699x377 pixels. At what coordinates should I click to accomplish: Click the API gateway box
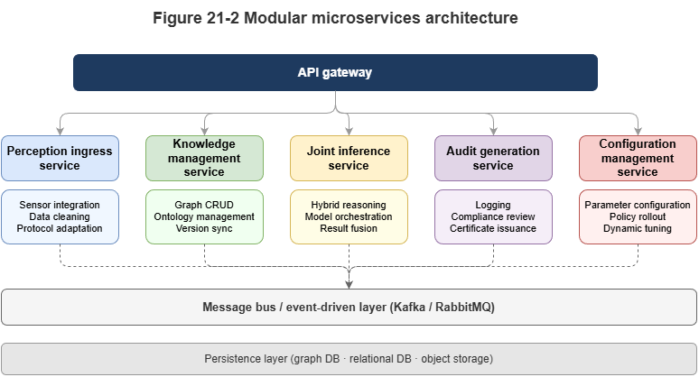(x=335, y=72)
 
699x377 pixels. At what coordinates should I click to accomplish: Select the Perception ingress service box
(x=60, y=158)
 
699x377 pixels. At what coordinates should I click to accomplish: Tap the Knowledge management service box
(x=204, y=158)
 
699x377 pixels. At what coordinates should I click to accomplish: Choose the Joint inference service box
(x=349, y=158)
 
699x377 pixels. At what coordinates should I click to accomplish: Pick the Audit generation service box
(x=493, y=158)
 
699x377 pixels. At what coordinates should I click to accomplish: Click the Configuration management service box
(x=638, y=158)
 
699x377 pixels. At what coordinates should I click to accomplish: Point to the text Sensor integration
(x=60, y=205)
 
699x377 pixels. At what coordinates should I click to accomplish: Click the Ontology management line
(x=204, y=216)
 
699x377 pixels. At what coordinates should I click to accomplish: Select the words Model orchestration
(x=349, y=216)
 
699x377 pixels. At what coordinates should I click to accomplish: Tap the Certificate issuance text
(x=493, y=228)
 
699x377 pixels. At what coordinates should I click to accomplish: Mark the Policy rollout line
(x=638, y=216)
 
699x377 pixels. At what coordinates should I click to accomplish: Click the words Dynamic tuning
(x=638, y=228)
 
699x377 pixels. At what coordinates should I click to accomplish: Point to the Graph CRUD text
(x=204, y=205)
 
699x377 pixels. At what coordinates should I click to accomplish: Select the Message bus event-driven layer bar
(x=349, y=307)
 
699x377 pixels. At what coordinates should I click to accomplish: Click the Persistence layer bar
(x=349, y=358)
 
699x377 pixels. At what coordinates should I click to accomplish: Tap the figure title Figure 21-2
(x=335, y=18)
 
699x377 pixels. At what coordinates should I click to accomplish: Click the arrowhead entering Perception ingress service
(x=60, y=131)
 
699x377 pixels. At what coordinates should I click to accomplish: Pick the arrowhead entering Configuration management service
(x=638, y=131)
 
